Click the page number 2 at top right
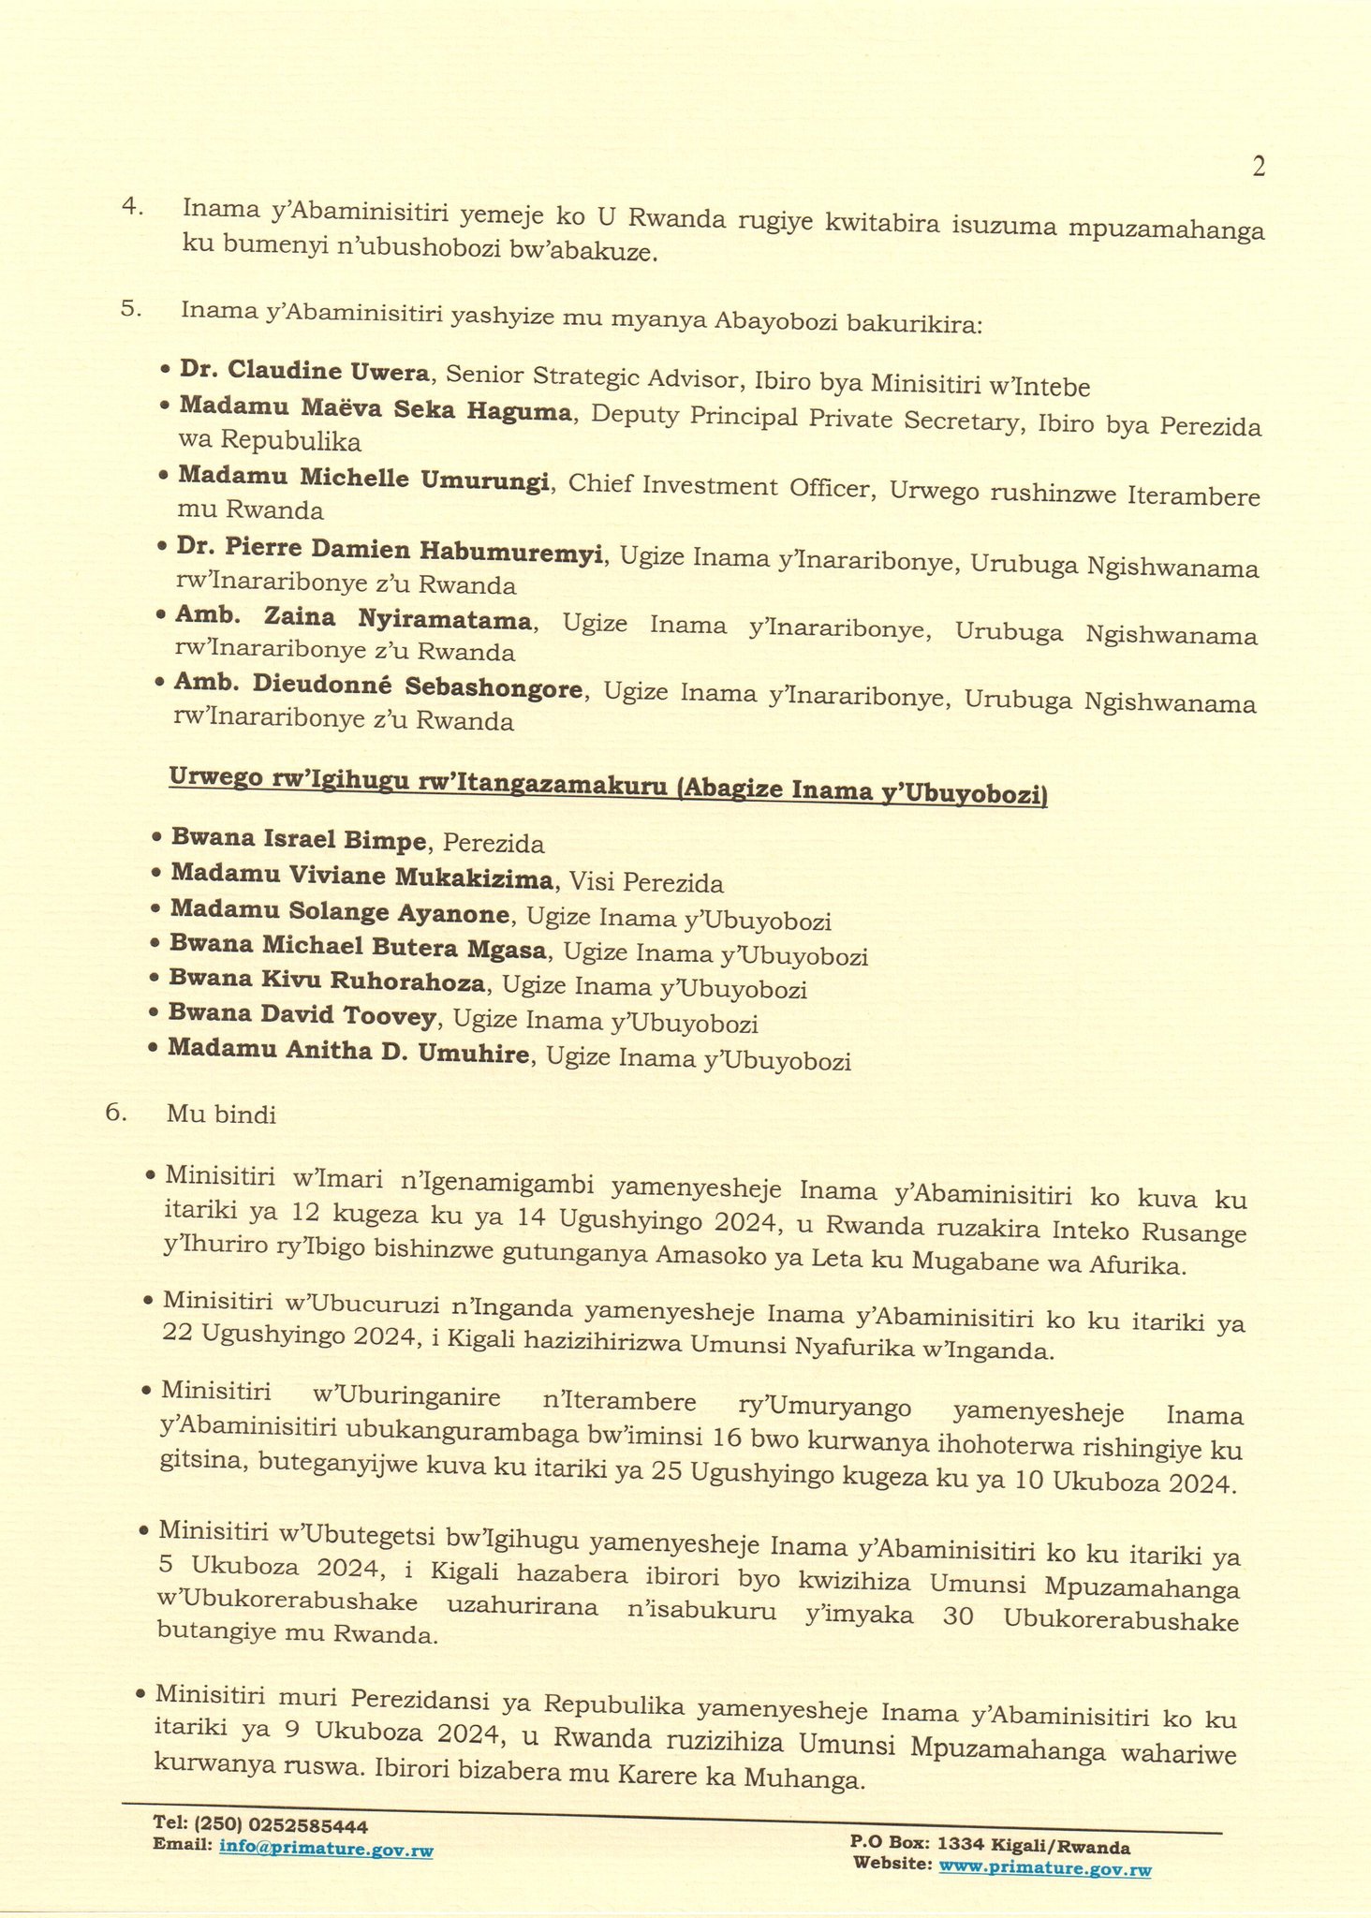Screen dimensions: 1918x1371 [1258, 168]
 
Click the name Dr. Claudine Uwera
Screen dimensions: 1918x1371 [304, 372]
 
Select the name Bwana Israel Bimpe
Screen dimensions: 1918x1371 [297, 840]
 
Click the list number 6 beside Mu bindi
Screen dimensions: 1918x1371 [115, 1113]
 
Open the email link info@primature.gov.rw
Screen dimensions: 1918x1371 [326, 1850]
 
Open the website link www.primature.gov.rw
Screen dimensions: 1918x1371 [1045, 1867]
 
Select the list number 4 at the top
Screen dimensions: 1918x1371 [132, 207]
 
